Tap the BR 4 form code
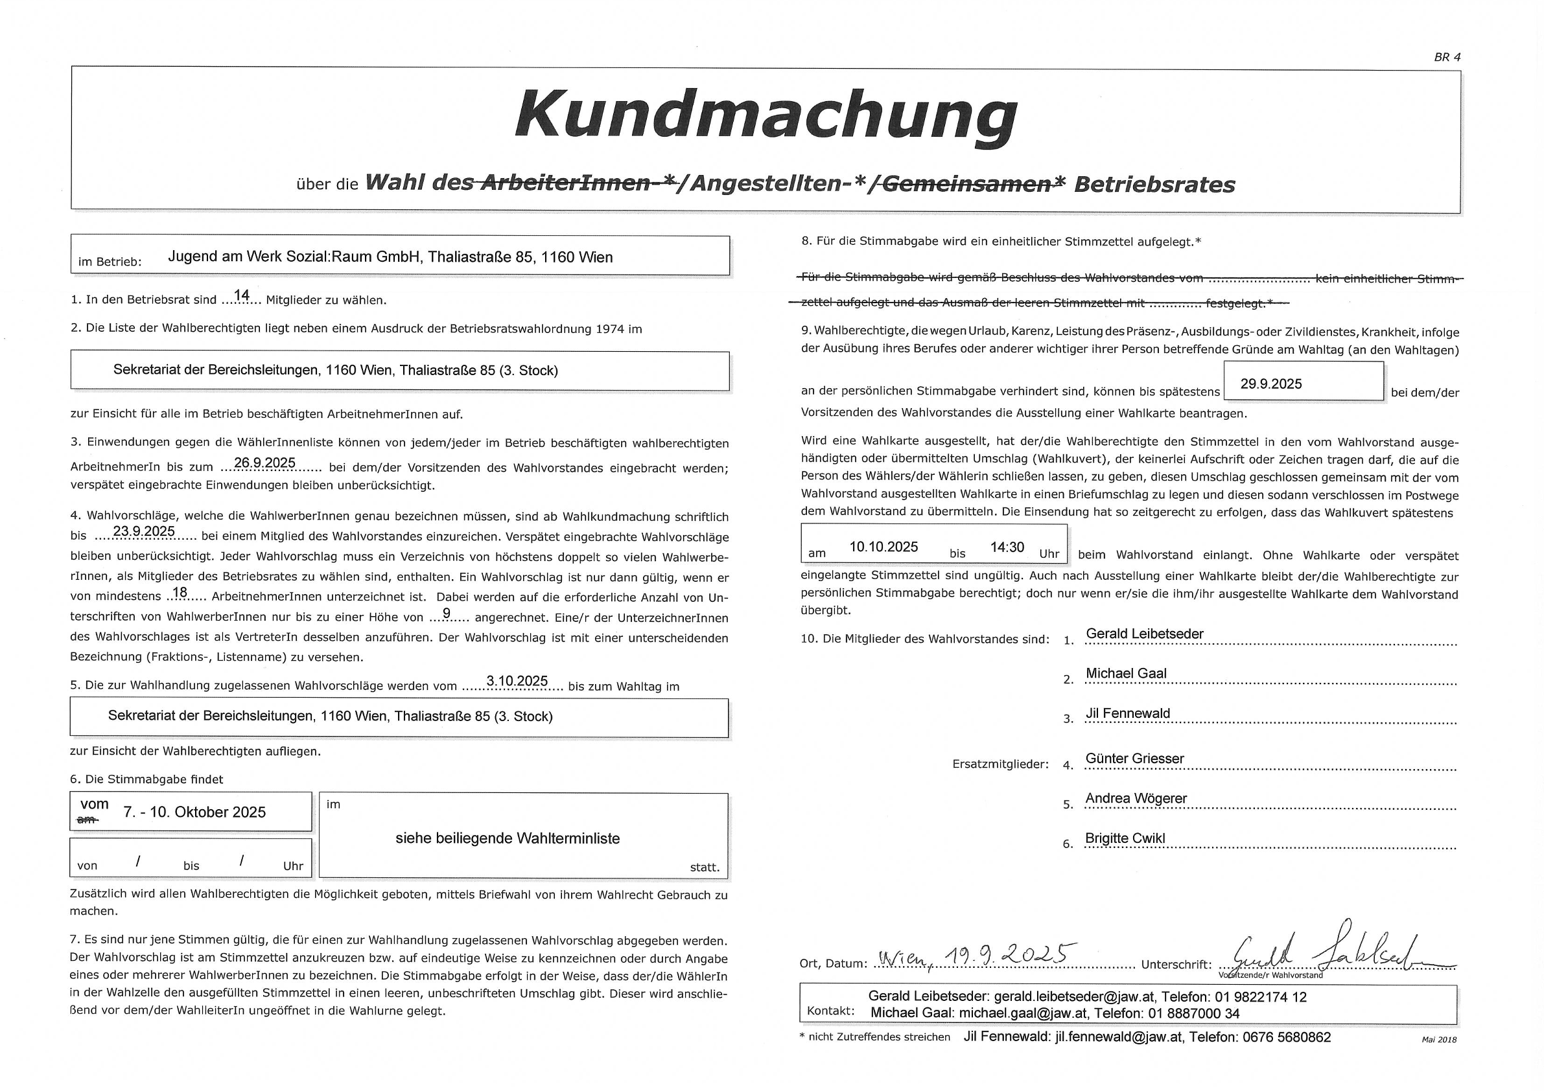1447,58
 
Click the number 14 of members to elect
241,295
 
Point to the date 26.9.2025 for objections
264,463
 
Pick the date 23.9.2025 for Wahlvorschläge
144,531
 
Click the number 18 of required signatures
180,593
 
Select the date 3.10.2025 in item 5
517,681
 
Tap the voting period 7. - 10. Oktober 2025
194,812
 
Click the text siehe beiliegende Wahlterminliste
507,838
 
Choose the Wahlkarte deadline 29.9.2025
1271,384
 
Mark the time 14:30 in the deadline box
1007,547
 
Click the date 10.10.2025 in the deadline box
883,547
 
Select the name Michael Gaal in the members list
1126,674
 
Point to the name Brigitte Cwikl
1125,838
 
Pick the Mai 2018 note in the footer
1438,1040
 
